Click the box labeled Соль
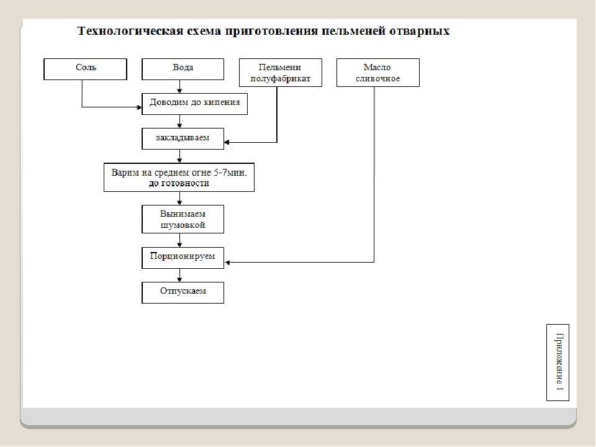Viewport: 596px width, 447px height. click(85, 69)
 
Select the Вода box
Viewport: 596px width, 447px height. click(183, 69)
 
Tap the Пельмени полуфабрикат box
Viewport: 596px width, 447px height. click(281, 73)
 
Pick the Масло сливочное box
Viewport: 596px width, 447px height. click(378, 73)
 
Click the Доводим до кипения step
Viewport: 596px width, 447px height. click(194, 104)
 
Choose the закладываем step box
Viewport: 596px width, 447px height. click(183, 138)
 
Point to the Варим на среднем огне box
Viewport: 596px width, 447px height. click(179, 178)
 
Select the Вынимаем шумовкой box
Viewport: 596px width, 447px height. click(183, 219)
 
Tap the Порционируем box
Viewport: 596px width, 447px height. click(183, 258)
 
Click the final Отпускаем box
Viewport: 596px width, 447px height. click(183, 292)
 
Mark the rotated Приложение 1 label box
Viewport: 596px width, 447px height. click(558, 363)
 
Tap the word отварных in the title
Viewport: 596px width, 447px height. click(419, 31)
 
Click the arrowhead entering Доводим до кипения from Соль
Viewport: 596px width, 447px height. click(139, 107)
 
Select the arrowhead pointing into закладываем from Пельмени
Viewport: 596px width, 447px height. click(227, 143)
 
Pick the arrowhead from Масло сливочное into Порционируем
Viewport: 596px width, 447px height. click(227, 262)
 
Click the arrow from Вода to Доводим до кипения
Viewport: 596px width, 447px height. click(179, 87)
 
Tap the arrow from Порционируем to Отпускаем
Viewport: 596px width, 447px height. click(179, 276)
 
